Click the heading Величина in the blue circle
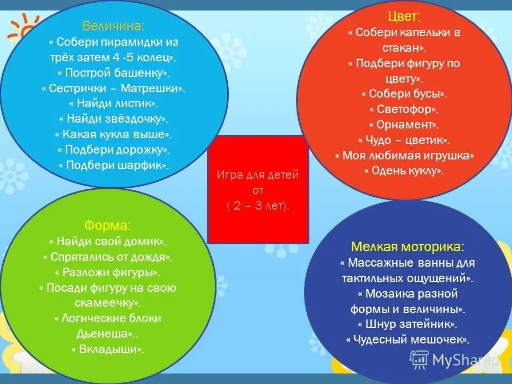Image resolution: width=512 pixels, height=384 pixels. tap(113, 26)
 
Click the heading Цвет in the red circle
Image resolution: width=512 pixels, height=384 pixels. tap(404, 18)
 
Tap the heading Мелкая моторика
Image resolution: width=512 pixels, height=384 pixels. tap(407, 246)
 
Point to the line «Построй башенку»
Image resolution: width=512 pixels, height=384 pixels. tap(114, 73)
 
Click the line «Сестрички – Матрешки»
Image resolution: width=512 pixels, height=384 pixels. tap(114, 88)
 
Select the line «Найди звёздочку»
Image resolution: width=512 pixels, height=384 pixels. tap(114, 119)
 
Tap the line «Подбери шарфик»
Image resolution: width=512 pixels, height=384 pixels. tap(114, 165)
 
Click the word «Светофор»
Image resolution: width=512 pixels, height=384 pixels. tap(404, 109)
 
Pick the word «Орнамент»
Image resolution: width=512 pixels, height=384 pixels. tap(404, 125)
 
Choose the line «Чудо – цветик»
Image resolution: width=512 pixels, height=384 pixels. tap(404, 140)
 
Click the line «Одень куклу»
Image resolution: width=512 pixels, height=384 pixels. tap(404, 171)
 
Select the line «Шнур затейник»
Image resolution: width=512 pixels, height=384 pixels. tap(407, 324)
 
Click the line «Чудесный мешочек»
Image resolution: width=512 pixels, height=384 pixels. tap(407, 339)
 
